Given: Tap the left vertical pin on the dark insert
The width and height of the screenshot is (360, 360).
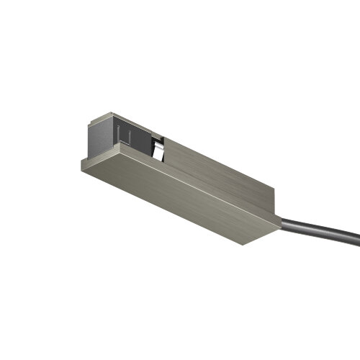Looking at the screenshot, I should point(117,132).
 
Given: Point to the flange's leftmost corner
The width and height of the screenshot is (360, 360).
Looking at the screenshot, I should point(80,163).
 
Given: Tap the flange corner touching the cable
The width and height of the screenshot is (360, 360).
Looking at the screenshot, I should point(280,227).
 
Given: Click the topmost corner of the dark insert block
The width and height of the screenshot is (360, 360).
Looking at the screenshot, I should point(107,112).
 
